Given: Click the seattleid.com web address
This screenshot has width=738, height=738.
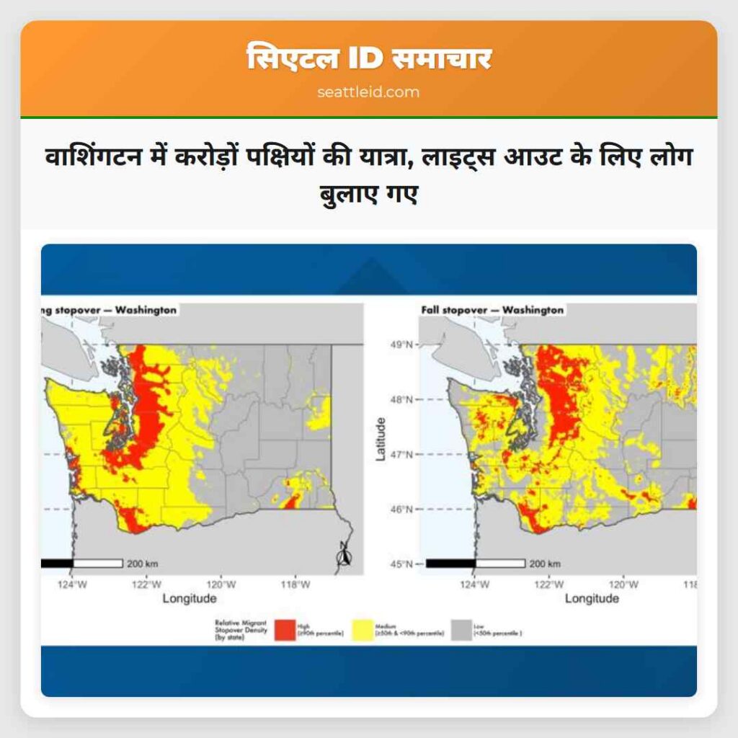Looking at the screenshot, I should click(368, 92).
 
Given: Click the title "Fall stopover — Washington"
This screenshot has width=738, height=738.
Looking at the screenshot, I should click(492, 310).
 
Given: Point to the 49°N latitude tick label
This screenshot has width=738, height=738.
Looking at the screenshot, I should click(400, 344).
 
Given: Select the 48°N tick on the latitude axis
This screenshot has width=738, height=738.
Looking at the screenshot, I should click(400, 399).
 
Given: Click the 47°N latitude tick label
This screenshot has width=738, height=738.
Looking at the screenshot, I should click(400, 455).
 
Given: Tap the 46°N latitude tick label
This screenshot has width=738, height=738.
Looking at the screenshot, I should click(400, 510).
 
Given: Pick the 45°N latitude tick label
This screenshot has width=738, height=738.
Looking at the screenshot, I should click(400, 564).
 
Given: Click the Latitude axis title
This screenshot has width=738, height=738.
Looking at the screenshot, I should click(381, 440).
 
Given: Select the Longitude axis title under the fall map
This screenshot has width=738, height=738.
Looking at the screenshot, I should click(592, 599).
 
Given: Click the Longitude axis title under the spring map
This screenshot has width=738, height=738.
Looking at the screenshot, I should click(189, 599).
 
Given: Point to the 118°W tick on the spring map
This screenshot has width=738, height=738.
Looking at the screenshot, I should click(295, 584).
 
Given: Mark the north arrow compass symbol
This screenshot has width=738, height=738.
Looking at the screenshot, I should click(344, 554).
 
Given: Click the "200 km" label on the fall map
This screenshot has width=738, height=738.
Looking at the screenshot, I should click(545, 564).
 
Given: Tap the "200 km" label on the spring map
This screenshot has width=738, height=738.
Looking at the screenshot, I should click(143, 563).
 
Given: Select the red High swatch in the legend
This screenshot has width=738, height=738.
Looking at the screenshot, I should click(285, 629).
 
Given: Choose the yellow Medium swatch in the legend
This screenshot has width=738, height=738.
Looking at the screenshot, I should click(363, 629).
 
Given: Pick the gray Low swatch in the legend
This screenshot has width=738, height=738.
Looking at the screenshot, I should click(462, 629).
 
